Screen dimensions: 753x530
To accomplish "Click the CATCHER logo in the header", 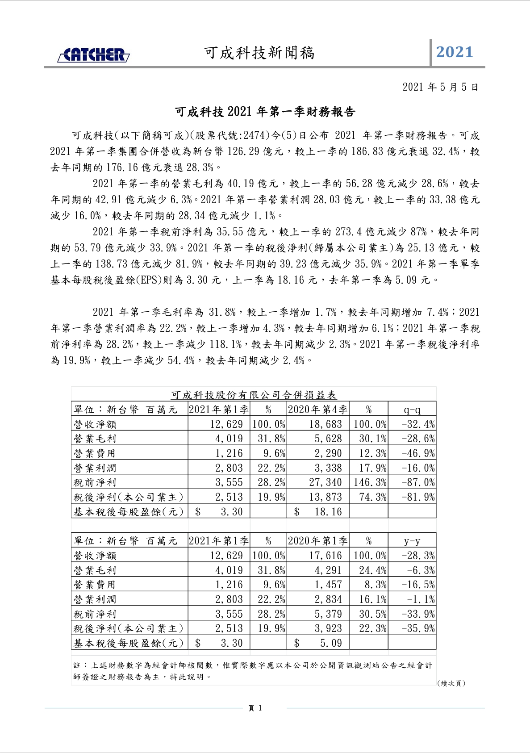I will [93, 54].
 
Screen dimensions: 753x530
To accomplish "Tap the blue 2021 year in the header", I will [454, 52].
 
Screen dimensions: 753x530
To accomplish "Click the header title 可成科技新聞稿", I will [259, 53].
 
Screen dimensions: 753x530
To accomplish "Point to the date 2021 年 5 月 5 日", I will [440, 87].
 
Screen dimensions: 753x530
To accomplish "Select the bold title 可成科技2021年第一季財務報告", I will [265, 112].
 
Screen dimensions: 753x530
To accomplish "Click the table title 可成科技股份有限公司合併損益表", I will [254, 395].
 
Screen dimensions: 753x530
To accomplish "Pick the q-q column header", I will [412, 410].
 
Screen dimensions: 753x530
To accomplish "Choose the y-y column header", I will [412, 541].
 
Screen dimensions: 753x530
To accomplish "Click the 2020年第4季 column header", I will [317, 410].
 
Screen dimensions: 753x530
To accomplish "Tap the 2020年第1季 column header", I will [317, 541].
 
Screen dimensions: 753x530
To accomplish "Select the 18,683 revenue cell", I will [325, 424].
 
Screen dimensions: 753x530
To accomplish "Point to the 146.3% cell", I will [370, 482].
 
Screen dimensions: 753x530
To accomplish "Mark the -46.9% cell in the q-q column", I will [418, 453].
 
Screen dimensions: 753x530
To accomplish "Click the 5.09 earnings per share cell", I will [330, 643].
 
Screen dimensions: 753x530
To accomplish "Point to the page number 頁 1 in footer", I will [255, 708].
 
